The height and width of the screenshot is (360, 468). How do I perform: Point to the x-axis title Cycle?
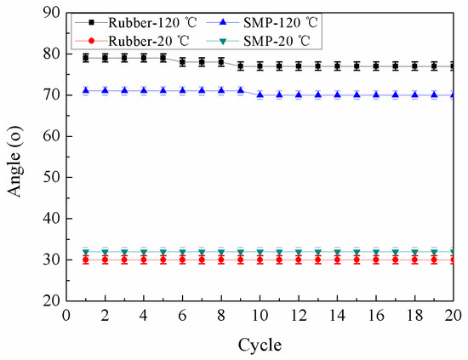pos(260,346)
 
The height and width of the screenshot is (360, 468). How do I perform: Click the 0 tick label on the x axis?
pos(66,315)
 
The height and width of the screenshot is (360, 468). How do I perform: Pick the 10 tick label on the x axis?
pos(260,315)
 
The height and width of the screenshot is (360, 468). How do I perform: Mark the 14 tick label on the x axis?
pos(337,315)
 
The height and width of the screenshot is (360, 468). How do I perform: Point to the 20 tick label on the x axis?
pos(453,315)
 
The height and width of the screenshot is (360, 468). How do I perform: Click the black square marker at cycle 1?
pos(86,58)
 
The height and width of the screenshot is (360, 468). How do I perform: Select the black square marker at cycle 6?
pos(182,62)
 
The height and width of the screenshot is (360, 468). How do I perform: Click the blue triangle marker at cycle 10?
pos(260,94)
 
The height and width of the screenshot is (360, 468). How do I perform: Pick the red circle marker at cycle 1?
pos(86,260)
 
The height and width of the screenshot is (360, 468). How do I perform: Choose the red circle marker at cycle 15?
pos(357,260)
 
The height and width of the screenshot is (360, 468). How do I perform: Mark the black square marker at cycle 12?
pos(299,66)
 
